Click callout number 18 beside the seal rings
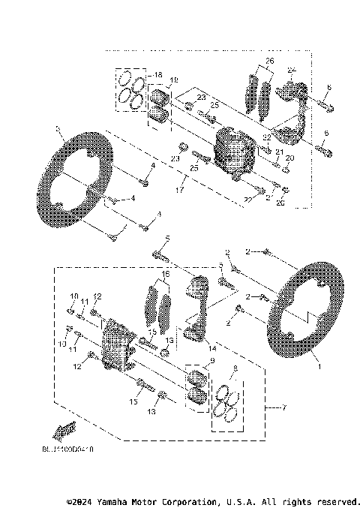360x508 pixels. [157, 76]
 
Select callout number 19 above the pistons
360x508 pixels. [173, 80]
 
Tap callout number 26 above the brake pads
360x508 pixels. [269, 61]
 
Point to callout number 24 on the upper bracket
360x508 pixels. [292, 71]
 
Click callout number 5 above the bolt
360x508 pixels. [168, 239]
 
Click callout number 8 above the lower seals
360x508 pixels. [235, 368]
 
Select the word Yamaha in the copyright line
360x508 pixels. [117, 500]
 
